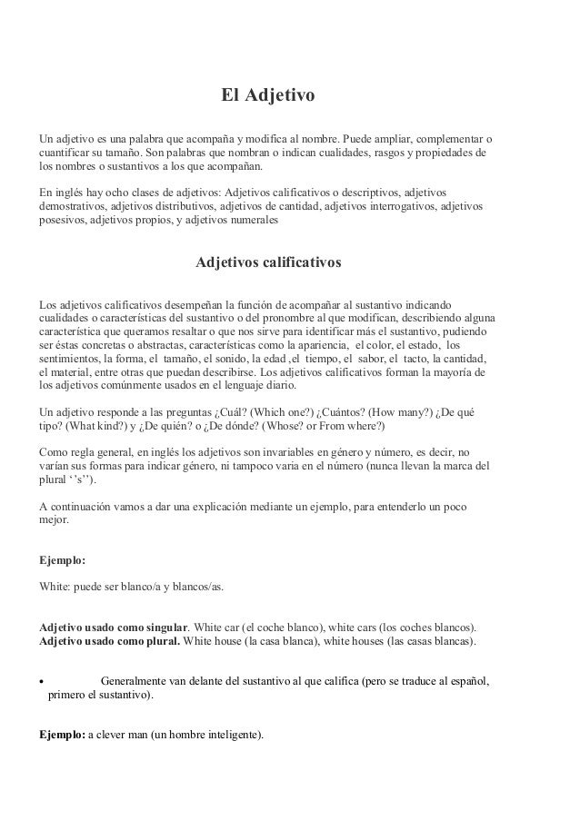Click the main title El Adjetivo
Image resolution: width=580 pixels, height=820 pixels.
tap(268, 94)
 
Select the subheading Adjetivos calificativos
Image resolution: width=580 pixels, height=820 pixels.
tap(269, 263)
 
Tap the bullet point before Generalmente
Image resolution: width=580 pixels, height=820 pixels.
tap(42, 681)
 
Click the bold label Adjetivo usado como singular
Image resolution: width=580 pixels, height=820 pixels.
tap(113, 627)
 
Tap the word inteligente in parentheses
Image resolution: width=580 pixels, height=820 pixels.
tap(230, 736)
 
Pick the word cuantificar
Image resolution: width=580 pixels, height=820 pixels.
tap(67, 153)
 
